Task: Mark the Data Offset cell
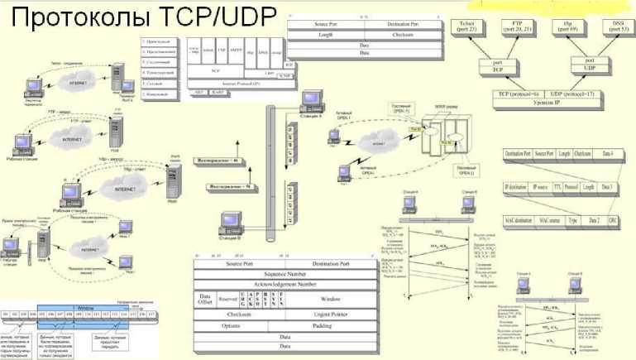click(x=206, y=299)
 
